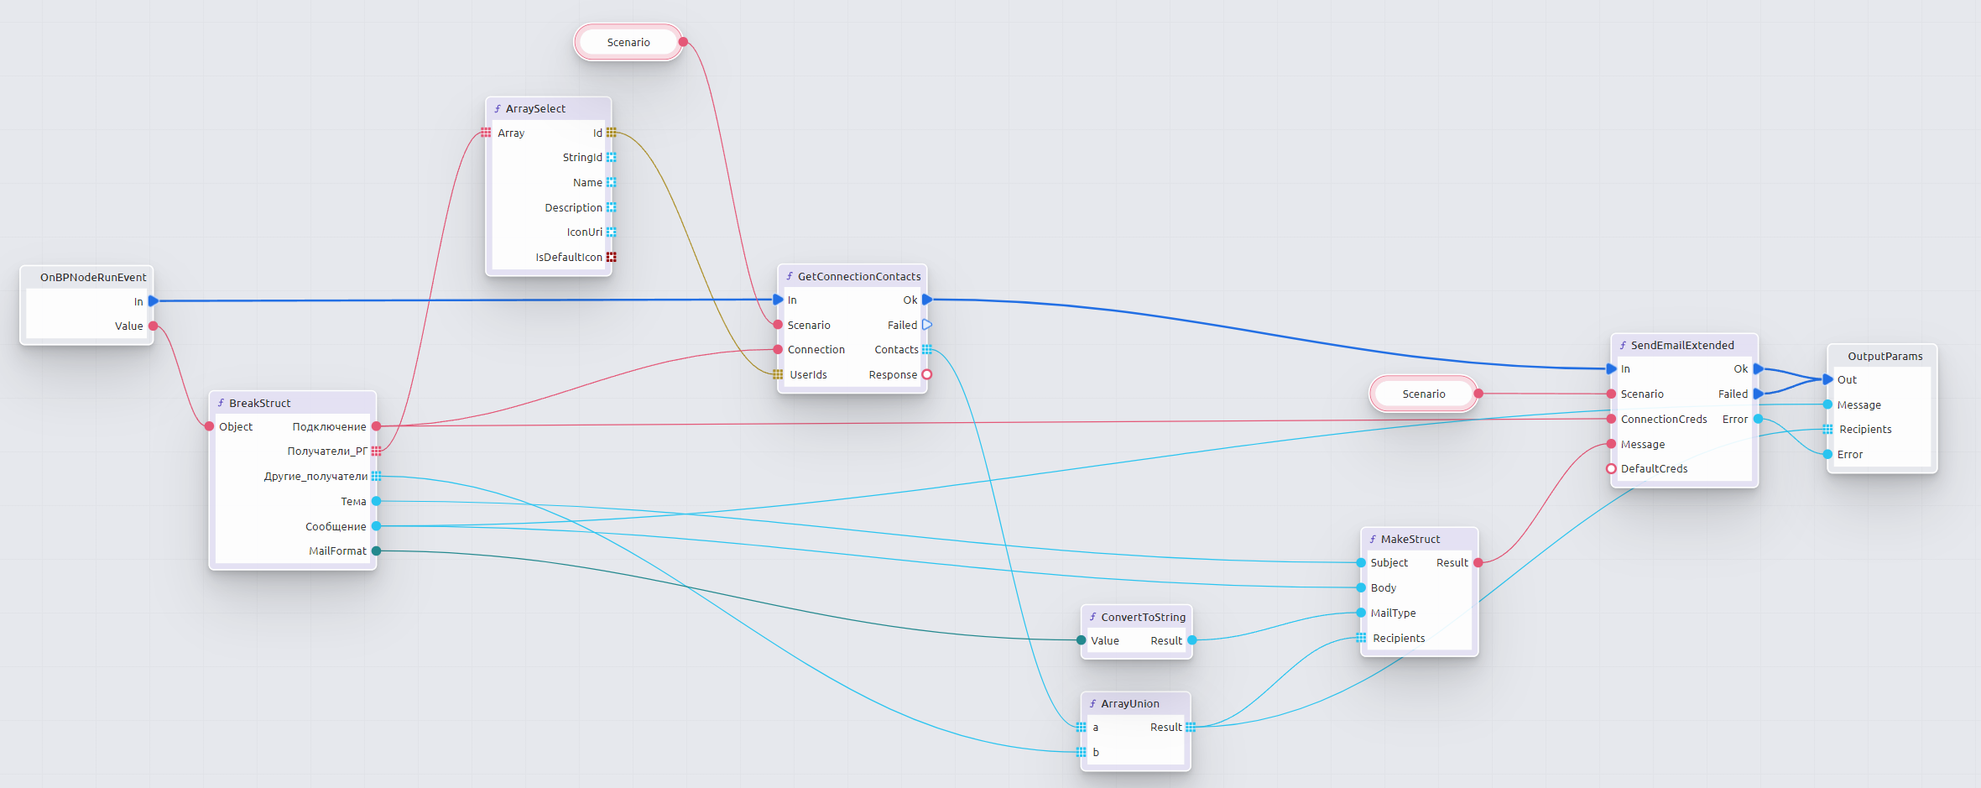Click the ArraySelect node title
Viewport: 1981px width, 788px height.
[535, 108]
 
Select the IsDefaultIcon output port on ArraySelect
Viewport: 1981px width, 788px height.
[611, 257]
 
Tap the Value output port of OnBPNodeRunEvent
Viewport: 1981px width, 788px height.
[153, 326]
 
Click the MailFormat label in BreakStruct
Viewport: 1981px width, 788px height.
[337, 551]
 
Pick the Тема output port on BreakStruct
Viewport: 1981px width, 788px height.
[376, 501]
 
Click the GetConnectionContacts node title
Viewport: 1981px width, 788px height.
[858, 276]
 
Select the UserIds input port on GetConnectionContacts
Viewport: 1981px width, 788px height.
[778, 374]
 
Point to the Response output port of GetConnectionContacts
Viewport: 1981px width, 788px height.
[927, 374]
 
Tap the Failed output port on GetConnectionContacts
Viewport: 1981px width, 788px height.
[927, 325]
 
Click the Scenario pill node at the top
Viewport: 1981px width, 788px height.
[628, 42]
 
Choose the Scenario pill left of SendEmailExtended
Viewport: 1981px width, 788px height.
[1423, 394]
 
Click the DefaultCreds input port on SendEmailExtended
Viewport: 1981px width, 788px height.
[1611, 468]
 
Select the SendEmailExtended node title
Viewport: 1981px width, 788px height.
[1681, 345]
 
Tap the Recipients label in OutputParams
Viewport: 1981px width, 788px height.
[1865, 429]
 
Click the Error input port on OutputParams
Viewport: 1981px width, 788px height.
[1827, 454]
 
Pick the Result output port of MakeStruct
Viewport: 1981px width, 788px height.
[1478, 562]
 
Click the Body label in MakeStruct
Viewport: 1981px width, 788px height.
[1383, 587]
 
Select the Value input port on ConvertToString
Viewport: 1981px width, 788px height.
[1082, 640]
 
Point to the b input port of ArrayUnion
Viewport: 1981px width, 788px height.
[1082, 752]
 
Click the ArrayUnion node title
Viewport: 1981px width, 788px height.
[1129, 703]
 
